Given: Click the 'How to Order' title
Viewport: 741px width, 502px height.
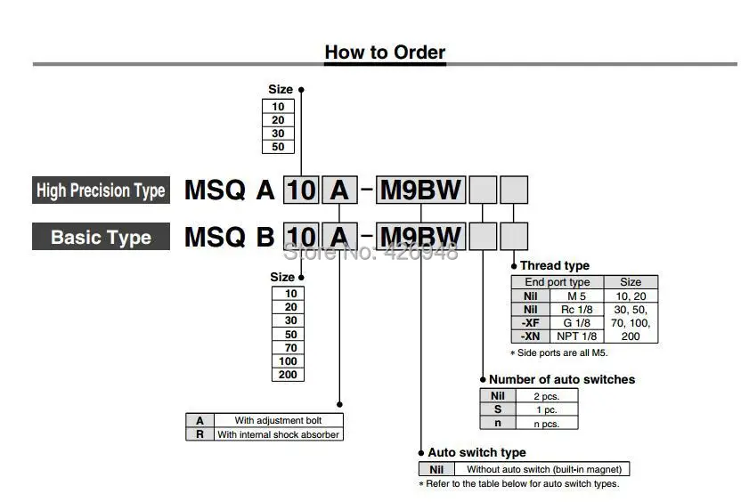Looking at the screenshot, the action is pos(385,52).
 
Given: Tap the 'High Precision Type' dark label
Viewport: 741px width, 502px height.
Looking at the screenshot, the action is pos(101,190).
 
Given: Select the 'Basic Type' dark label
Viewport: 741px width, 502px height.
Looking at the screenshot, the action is pos(101,237).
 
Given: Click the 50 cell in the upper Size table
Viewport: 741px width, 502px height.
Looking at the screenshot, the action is pos(279,147).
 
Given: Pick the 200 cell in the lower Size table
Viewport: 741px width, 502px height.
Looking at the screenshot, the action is pos(289,375).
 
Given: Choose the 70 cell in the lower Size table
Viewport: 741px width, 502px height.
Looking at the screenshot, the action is pos(289,348).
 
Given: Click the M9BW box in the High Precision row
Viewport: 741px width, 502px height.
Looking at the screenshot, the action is pos(420,190).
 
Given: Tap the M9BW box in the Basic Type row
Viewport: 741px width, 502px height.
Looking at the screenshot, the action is pos(420,237).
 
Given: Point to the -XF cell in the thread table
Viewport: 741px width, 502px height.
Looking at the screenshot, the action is pos(531,323).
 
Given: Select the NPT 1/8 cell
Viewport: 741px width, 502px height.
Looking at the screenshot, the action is pos(577,336).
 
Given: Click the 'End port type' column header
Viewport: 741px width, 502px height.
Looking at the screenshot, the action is pos(558,282).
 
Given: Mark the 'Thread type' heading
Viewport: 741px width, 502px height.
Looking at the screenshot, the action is pos(555,265).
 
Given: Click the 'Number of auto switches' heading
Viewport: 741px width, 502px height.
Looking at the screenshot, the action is pos(562,379).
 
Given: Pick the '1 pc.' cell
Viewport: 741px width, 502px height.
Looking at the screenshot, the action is pos(547,409).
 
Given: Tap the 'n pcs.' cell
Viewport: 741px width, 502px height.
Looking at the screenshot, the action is pos(547,423).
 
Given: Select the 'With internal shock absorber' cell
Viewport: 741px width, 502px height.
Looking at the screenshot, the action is pos(279,434).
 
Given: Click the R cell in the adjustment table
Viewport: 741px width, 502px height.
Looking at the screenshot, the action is pos(199,434).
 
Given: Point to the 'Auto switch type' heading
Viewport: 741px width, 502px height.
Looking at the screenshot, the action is pos(476,452).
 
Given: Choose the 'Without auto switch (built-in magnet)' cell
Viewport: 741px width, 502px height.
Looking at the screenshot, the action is pos(542,469).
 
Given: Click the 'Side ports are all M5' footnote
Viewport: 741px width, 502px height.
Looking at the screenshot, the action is pos(559,352).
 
